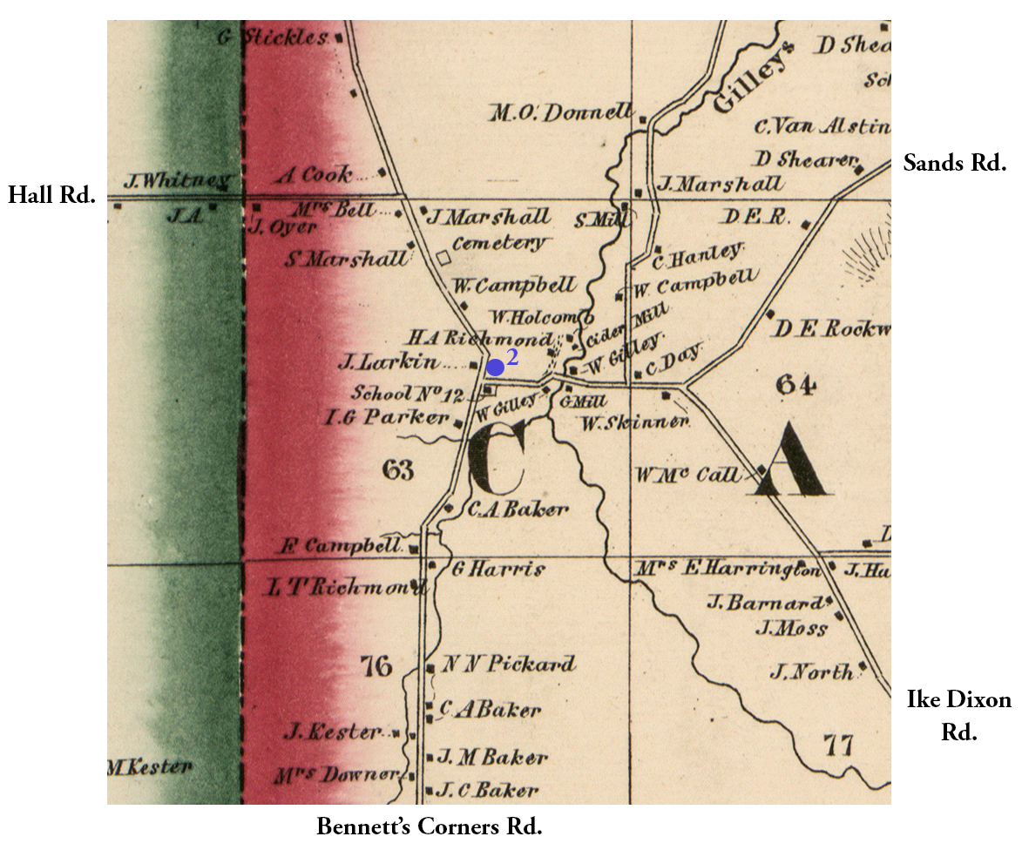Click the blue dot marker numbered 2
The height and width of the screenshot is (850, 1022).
tap(495, 367)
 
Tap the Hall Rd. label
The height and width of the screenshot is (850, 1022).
tap(51, 194)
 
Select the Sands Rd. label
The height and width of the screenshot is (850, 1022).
tap(954, 162)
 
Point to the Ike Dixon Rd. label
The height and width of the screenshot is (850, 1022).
tap(958, 715)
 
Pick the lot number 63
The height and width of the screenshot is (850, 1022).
tap(396, 470)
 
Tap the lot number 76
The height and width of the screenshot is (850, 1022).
tap(376, 667)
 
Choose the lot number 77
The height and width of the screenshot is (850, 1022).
tap(836, 745)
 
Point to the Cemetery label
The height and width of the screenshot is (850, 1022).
tap(497, 244)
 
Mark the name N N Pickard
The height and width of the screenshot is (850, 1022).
tap(509, 664)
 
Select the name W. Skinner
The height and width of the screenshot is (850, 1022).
tap(635, 422)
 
